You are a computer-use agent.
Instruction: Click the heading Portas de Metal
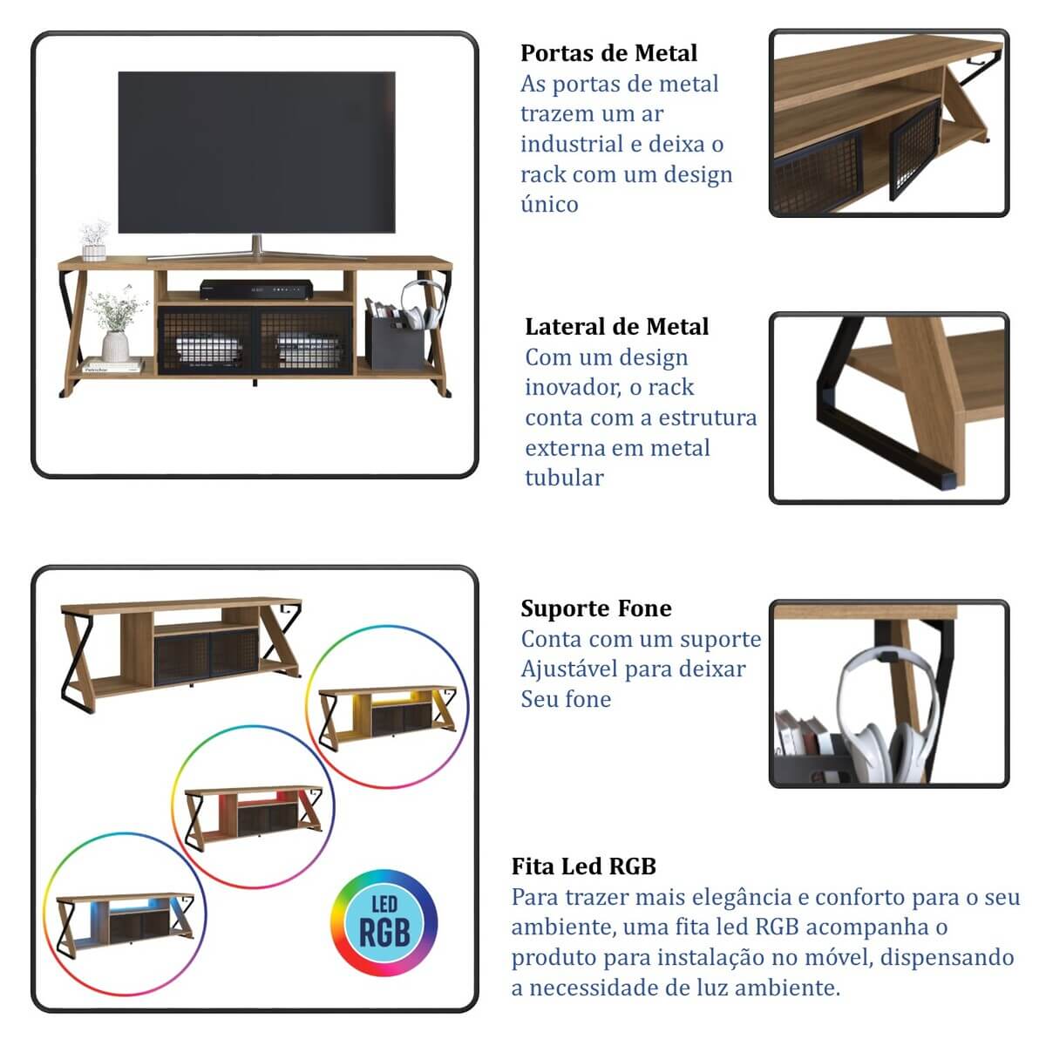pyautogui.click(x=608, y=53)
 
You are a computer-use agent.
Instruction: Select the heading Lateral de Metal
pyautogui.click(x=616, y=327)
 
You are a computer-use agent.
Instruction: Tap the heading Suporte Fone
pyautogui.click(x=596, y=608)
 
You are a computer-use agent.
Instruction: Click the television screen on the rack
pyautogui.click(x=257, y=152)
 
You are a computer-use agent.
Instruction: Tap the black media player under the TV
pyautogui.click(x=256, y=289)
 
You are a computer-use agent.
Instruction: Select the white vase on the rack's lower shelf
pyautogui.click(x=115, y=346)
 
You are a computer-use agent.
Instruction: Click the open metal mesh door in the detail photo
pyautogui.click(x=914, y=151)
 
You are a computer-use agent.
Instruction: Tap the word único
pyautogui.click(x=549, y=205)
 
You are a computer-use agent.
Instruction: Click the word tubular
pyautogui.click(x=564, y=479)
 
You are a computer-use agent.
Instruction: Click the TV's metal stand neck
pyautogui.click(x=257, y=244)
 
